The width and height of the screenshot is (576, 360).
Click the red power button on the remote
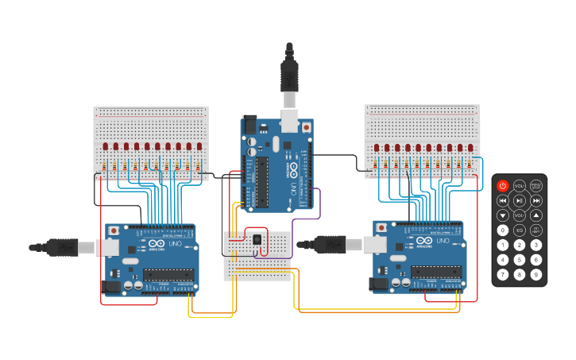tap(502, 186)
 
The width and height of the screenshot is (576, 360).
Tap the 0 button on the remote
tap(502, 230)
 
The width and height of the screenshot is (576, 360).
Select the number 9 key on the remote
tap(536, 274)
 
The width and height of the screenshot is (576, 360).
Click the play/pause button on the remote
tap(519, 201)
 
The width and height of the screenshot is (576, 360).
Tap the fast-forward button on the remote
tap(536, 201)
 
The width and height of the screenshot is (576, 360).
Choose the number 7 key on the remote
tap(502, 274)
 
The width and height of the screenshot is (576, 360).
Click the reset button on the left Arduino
tap(114, 230)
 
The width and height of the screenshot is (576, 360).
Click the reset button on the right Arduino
tap(382, 227)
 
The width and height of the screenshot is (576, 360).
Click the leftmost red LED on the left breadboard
tap(106, 146)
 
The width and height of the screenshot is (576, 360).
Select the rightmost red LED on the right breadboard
tap(470, 147)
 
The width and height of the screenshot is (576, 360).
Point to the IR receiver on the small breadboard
tap(256, 239)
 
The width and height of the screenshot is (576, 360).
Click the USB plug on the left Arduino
tap(60, 247)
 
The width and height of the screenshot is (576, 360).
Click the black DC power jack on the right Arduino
tap(380, 282)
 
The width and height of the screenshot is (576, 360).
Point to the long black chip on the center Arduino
tap(261, 181)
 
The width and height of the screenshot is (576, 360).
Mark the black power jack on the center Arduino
tap(249, 124)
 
